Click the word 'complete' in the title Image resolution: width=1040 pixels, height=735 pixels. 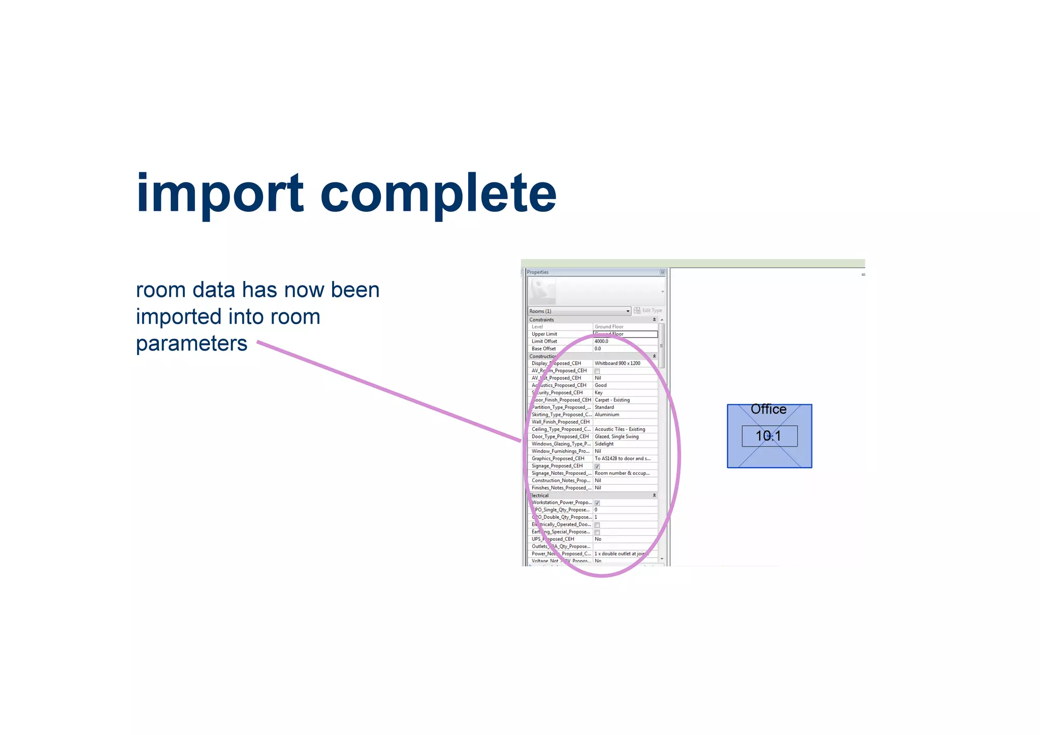438,194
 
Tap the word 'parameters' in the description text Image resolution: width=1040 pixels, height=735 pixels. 191,343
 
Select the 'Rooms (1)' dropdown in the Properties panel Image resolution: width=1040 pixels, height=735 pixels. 579,311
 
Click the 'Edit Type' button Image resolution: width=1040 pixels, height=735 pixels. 648,310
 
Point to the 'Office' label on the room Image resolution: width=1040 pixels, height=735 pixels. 768,409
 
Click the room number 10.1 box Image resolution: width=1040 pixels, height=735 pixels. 769,436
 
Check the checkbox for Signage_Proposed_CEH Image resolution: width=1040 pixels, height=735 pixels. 597,466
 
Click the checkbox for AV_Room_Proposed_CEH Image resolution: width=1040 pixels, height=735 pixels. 597,371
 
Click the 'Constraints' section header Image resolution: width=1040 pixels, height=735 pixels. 541,319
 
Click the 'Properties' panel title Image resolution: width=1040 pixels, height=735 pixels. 538,272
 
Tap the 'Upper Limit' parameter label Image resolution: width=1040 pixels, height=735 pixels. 544,334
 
